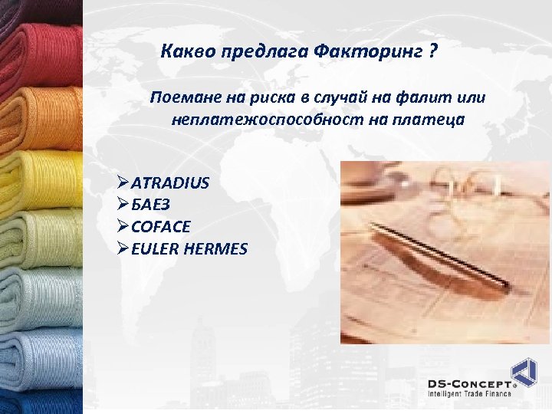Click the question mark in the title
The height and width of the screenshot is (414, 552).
point(434,52)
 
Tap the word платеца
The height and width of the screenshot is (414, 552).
point(430,120)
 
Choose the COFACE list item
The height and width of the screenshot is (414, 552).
point(161,227)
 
